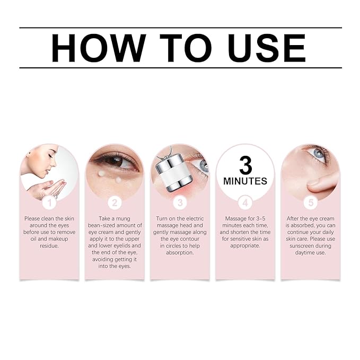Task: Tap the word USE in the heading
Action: (x=267, y=48)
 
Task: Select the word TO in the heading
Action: (x=186, y=48)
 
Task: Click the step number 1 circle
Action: (x=50, y=203)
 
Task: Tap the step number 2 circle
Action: (x=115, y=203)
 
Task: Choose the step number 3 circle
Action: (x=180, y=203)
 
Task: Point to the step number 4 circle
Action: (x=245, y=203)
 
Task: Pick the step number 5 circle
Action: (x=311, y=203)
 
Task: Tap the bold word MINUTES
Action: (x=245, y=181)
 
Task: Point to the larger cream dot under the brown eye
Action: (x=101, y=173)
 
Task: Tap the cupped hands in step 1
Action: (x=47, y=188)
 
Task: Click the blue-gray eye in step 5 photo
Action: (x=319, y=153)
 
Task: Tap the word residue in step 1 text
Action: (x=49, y=245)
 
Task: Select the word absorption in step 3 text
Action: (x=180, y=253)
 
